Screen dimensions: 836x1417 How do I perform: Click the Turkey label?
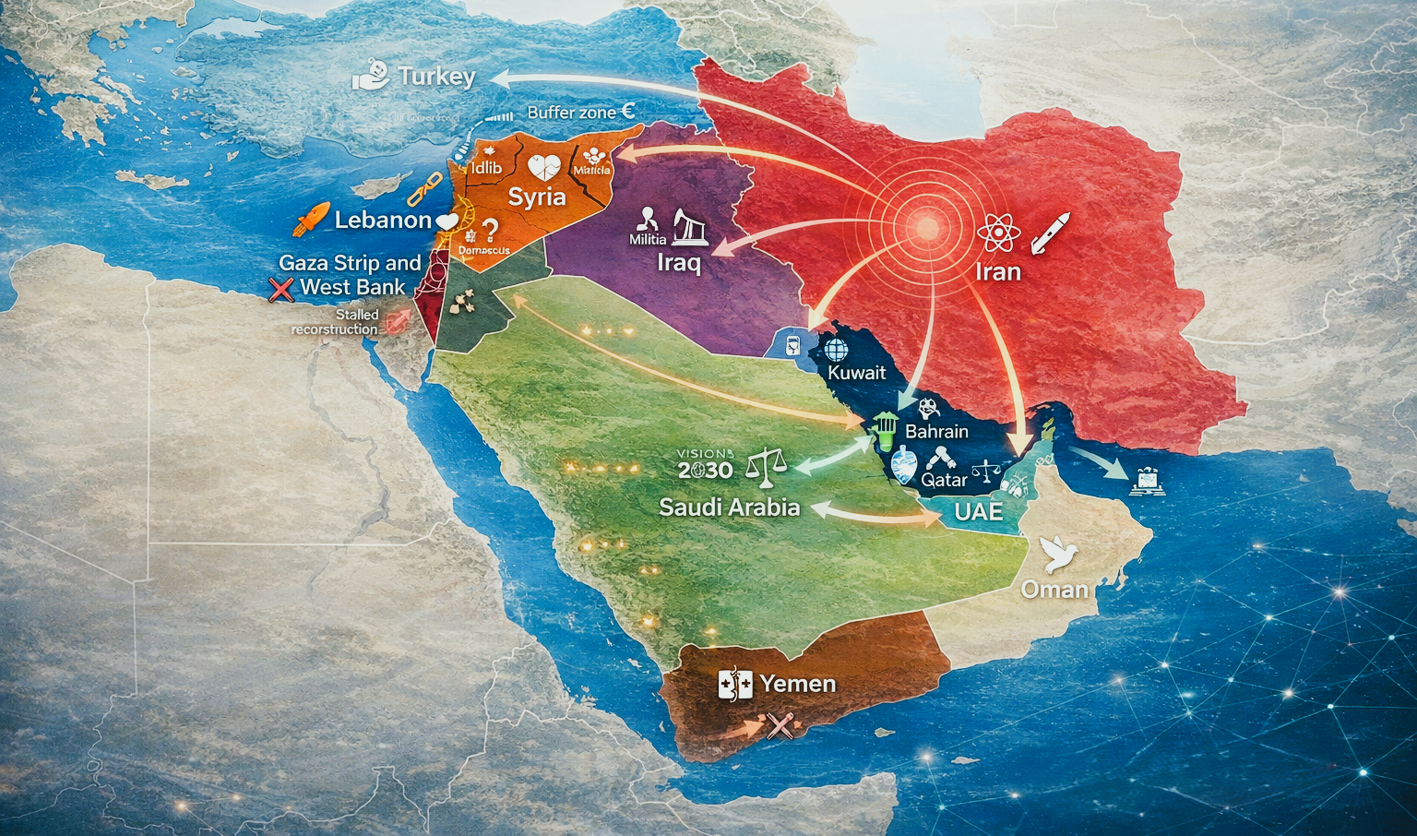[x=436, y=77]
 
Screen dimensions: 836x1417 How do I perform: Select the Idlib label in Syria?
[x=486, y=167]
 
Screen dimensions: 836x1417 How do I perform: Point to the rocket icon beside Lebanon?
[x=311, y=221]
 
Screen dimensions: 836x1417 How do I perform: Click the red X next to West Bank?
[x=281, y=290]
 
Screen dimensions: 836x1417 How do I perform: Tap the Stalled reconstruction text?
[x=336, y=322]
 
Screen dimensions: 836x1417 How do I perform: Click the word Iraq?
[x=679, y=263]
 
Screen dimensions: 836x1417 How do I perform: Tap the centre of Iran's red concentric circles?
[x=926, y=227]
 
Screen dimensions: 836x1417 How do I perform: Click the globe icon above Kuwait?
[x=836, y=350]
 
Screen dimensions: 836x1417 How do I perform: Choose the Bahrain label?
[x=936, y=431]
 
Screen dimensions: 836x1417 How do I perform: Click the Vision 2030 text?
[x=706, y=465]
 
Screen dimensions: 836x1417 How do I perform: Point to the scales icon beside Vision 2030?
[x=765, y=466]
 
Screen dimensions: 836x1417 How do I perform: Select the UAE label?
[x=979, y=511]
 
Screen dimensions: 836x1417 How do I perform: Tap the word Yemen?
[x=798, y=684]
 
